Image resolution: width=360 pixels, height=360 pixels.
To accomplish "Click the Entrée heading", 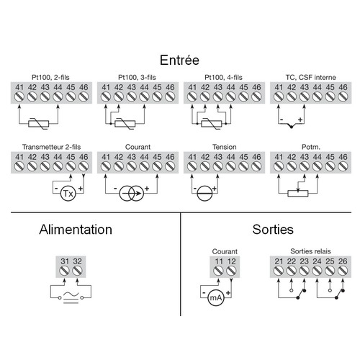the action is click(179, 60).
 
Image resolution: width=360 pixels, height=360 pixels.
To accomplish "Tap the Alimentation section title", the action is click(76, 230).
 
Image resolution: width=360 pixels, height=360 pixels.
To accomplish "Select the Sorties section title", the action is click(273, 230).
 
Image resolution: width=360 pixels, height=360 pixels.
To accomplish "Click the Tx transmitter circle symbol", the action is click(68, 193).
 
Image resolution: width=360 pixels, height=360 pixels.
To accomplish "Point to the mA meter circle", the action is click(215, 298).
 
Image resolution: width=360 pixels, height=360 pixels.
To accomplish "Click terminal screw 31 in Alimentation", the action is click(65, 271).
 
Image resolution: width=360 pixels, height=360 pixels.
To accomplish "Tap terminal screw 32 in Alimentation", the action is click(77, 271).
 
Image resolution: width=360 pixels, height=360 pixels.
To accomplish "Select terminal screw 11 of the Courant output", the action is click(218, 271).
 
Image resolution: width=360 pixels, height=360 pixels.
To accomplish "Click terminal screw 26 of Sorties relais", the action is click(343, 271).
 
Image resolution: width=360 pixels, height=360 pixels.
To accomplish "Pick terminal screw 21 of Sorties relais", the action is click(279, 271).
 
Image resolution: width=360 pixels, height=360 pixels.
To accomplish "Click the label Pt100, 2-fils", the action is click(50, 78).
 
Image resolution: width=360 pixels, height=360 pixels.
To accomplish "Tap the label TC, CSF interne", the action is click(310, 78).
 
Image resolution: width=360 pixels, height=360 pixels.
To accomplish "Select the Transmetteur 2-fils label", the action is click(51, 147).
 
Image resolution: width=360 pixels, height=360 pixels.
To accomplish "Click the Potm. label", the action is click(311, 147).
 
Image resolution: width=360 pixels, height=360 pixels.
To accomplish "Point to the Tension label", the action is click(225, 147).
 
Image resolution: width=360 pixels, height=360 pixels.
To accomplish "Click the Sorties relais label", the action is click(310, 251).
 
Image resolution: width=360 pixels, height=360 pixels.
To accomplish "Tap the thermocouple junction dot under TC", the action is click(292, 127).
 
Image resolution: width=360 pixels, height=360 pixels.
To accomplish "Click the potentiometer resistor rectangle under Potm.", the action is click(298, 193).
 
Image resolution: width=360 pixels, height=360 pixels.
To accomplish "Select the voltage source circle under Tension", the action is click(204, 193).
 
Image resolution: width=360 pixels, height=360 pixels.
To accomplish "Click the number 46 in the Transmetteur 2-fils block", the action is click(84, 157).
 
